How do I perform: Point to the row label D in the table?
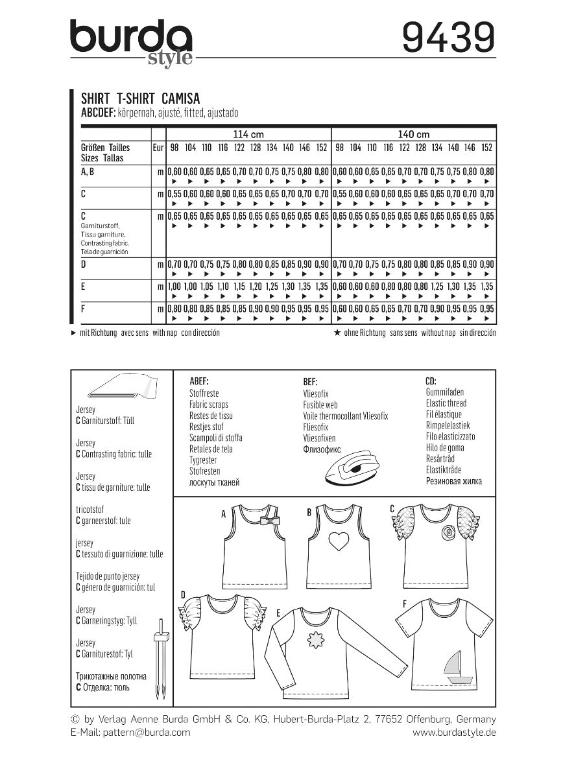click(x=84, y=265)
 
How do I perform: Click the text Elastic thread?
click(x=446, y=403)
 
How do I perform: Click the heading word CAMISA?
click(x=180, y=98)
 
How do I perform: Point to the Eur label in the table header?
click(x=158, y=148)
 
